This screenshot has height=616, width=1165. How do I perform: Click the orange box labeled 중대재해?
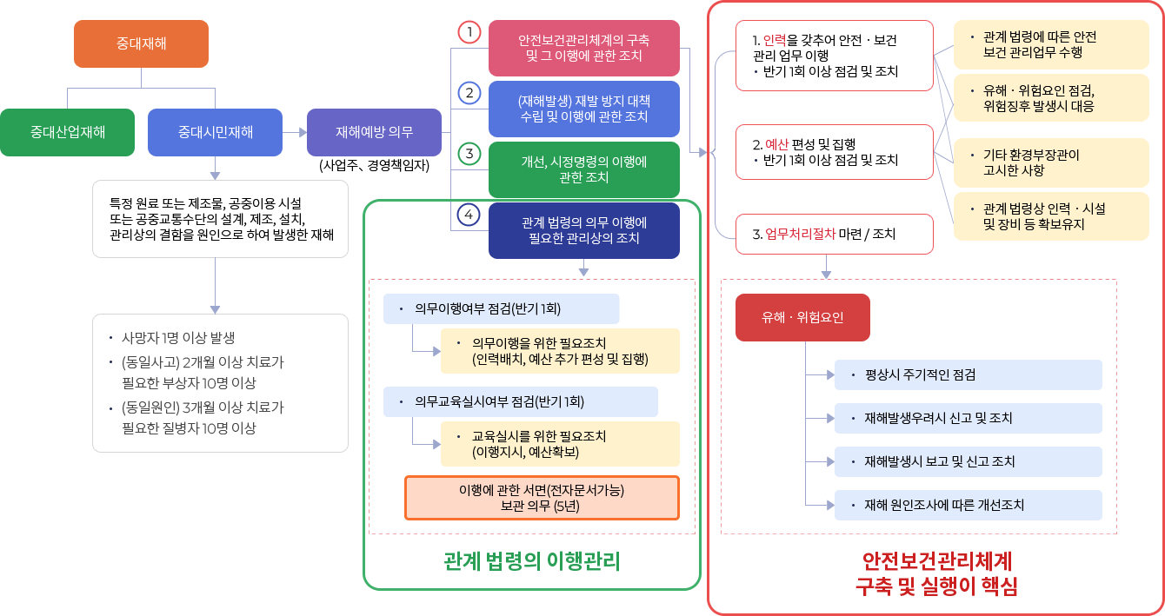(141, 43)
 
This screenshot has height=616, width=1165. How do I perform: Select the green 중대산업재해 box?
(68, 133)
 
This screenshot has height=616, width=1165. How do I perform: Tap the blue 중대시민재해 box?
(216, 133)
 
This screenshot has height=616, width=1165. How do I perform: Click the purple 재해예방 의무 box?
(375, 133)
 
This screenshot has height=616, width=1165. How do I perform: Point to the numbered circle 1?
(469, 32)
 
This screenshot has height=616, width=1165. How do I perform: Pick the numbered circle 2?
(469, 93)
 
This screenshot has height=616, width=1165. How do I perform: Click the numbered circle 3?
(469, 154)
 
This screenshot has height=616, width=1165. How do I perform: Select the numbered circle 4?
(469, 214)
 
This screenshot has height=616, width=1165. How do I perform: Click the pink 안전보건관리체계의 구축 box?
(583, 48)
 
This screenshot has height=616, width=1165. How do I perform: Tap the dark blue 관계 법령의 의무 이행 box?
(583, 230)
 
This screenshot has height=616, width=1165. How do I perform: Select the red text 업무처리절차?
(800, 234)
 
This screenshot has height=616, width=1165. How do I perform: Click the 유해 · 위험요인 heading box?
(802, 318)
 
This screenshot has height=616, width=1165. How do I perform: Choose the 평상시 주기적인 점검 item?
(968, 375)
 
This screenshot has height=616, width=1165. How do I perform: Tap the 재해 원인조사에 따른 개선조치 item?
(968, 505)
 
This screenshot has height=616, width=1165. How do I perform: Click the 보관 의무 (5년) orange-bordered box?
(541, 498)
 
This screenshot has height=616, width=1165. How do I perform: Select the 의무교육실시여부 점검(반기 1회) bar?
(521, 402)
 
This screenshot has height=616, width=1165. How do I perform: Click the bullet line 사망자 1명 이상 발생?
(178, 338)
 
